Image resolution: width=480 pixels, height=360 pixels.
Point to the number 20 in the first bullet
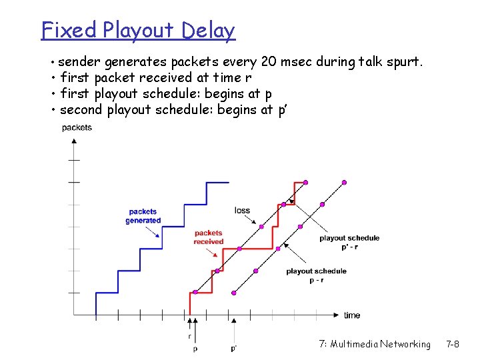click(x=269, y=63)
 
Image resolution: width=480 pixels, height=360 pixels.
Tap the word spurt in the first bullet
click(x=403, y=63)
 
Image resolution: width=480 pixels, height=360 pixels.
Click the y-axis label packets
click(x=77, y=127)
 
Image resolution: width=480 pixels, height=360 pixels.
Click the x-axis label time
click(x=352, y=315)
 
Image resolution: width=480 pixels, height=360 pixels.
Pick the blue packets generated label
click(x=143, y=216)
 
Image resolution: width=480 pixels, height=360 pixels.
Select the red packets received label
click(x=208, y=237)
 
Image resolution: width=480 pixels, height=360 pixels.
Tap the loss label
click(x=242, y=211)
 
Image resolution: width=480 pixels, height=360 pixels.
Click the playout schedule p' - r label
click(x=349, y=242)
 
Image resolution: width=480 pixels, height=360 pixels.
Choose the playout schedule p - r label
click(x=316, y=275)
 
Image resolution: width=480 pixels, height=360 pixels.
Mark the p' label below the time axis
click(x=233, y=348)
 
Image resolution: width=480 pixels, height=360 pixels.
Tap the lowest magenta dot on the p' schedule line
click(x=233, y=292)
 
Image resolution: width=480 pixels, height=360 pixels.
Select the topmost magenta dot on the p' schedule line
click(x=344, y=182)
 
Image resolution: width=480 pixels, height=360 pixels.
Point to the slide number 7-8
click(x=452, y=344)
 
